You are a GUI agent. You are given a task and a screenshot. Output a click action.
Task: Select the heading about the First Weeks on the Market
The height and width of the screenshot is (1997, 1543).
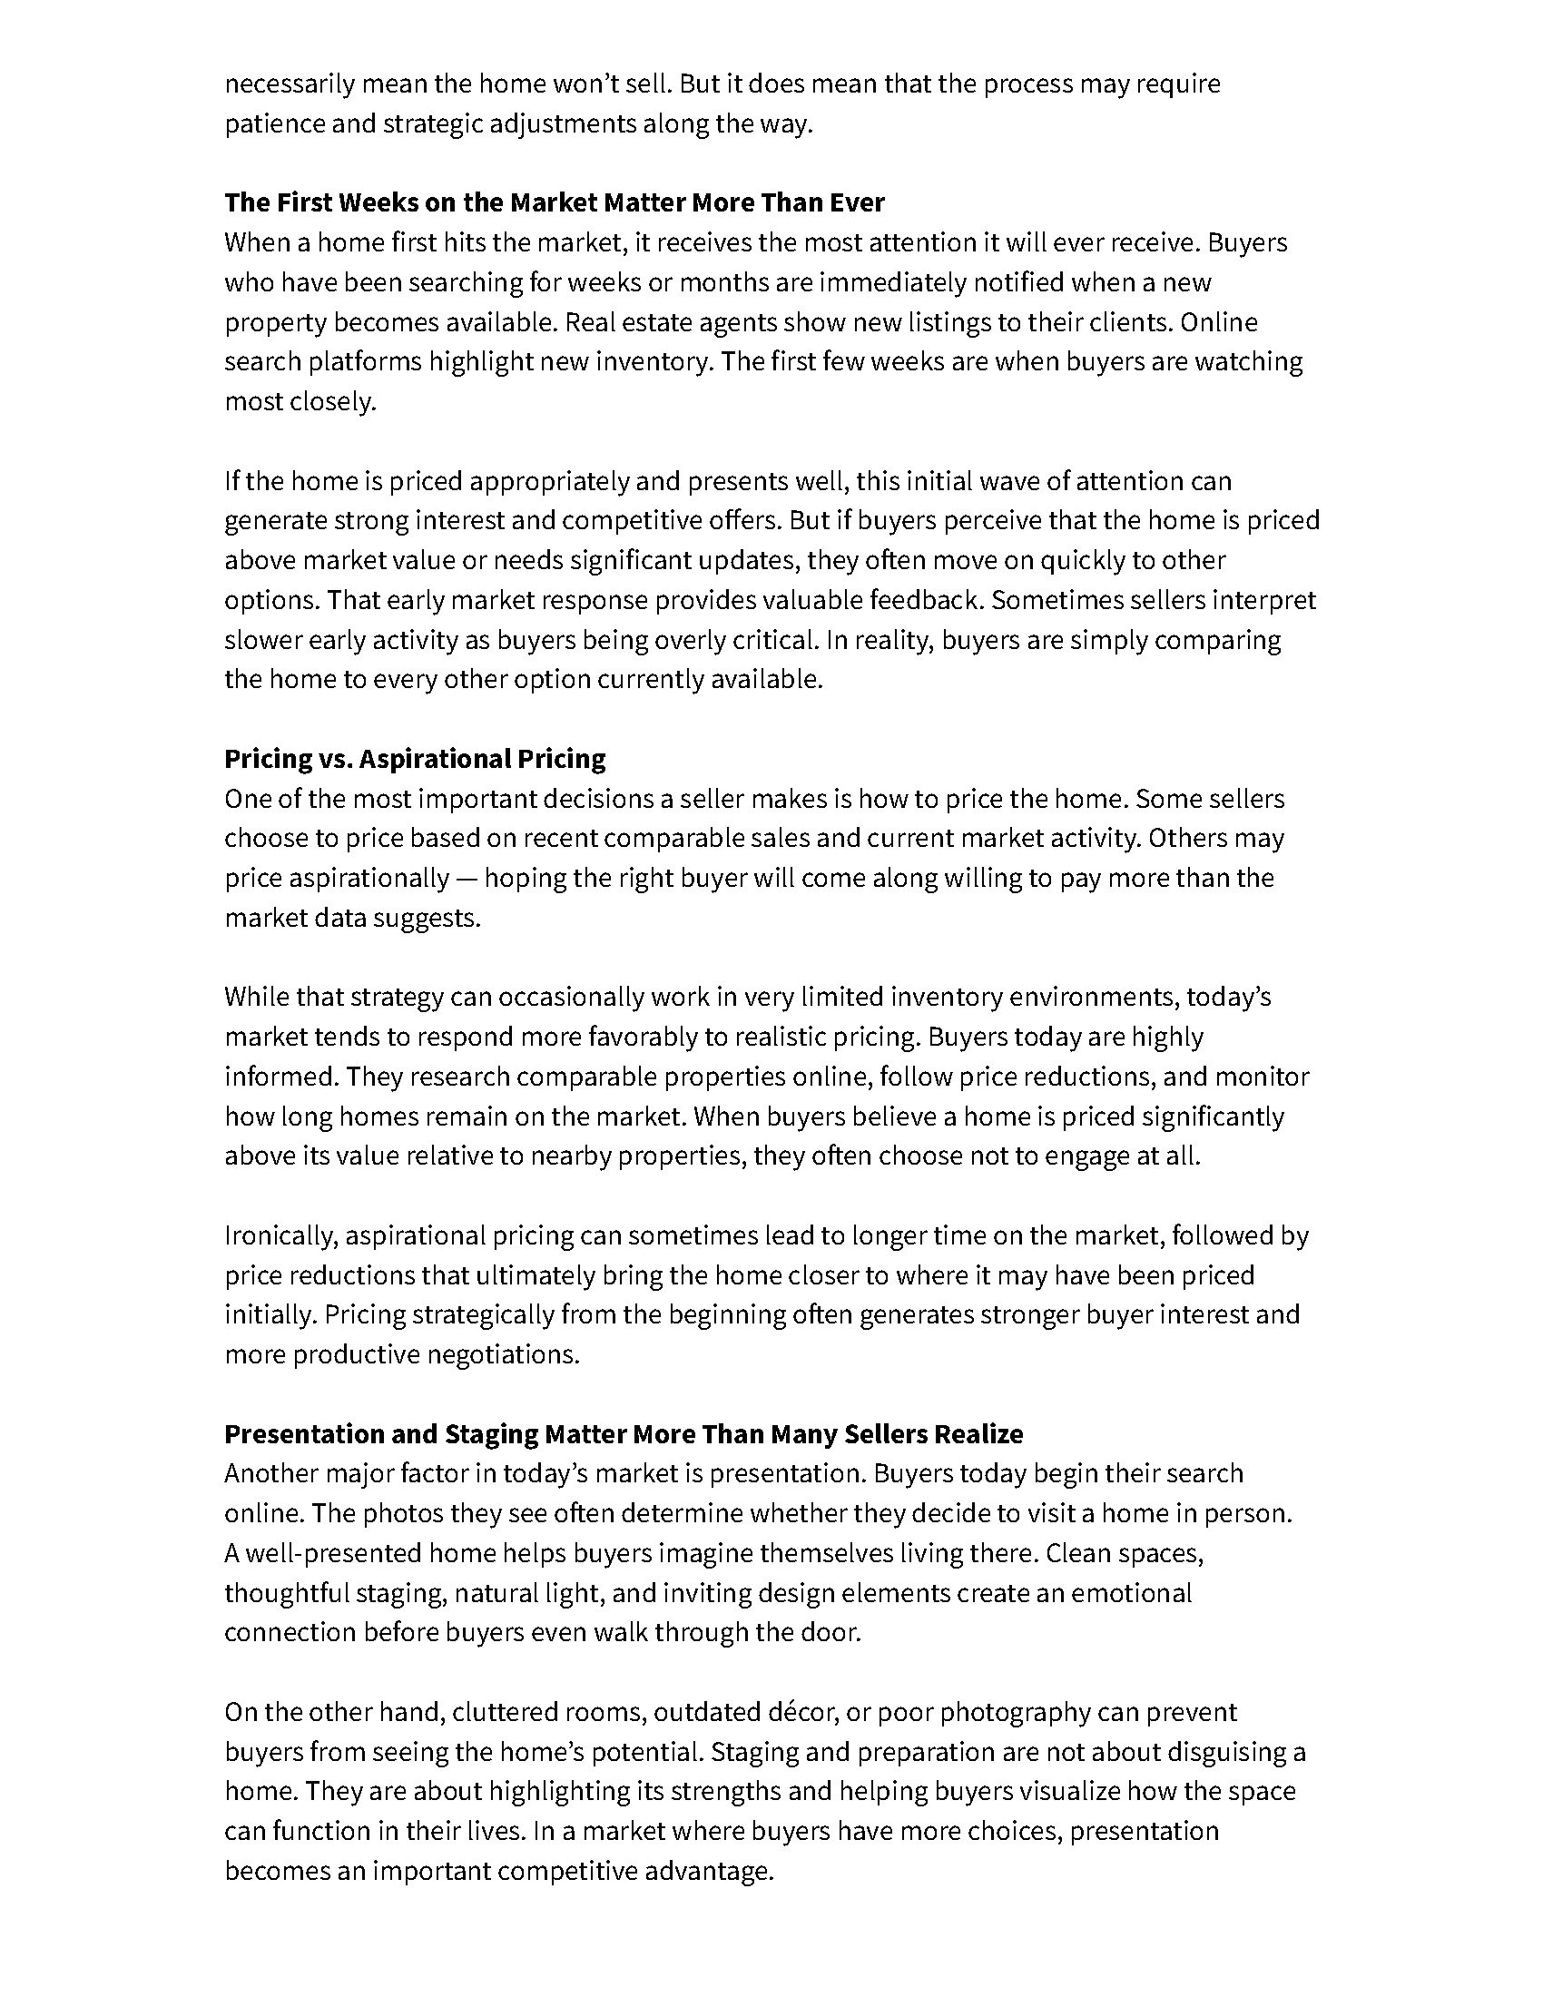pyautogui.click(x=554, y=202)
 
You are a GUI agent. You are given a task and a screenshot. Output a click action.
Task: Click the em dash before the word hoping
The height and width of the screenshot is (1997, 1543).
pyautogui.click(x=467, y=879)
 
